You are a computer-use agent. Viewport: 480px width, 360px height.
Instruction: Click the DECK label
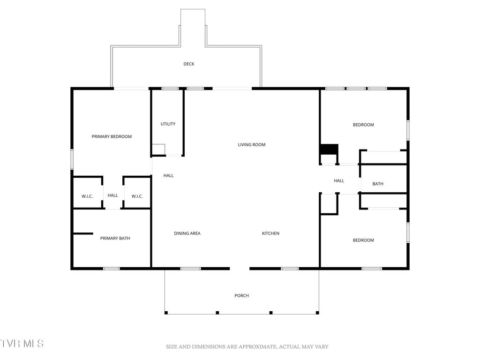[x=188, y=64]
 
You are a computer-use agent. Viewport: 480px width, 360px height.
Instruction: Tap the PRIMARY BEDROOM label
[x=112, y=137]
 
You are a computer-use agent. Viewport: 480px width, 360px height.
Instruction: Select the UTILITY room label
[x=168, y=124]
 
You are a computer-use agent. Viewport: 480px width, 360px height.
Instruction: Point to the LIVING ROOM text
[x=252, y=145]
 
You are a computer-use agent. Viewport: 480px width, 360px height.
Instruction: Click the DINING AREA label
[x=187, y=233]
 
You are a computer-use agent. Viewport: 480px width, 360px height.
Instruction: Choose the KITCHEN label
[x=270, y=233]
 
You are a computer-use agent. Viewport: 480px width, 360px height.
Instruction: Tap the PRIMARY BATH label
[x=115, y=239]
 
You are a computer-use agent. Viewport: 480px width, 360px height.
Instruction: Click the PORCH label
[x=241, y=296]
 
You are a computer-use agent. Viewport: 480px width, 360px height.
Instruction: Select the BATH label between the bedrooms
[x=378, y=184]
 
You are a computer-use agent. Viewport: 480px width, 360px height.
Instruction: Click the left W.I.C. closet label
[x=87, y=196]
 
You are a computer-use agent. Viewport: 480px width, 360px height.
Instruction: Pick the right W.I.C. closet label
[x=137, y=196]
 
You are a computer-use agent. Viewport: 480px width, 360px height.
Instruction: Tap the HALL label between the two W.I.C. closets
[x=112, y=195]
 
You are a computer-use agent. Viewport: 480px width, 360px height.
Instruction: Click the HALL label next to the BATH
[x=339, y=181]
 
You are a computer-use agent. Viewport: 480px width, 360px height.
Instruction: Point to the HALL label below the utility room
[x=168, y=176]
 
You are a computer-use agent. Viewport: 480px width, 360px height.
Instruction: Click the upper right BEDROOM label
[x=363, y=125]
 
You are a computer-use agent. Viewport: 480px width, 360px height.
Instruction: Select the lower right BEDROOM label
[x=363, y=240]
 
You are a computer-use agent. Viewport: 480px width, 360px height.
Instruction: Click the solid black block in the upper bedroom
[x=329, y=149]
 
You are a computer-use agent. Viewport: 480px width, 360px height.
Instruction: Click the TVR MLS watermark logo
[x=22, y=344]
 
